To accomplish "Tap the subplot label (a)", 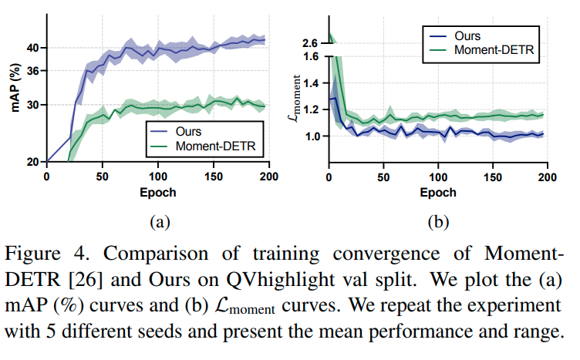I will point(157,223).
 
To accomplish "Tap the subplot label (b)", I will point(437,223).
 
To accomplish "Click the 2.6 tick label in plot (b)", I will point(312,42).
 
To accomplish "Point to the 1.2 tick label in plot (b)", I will point(312,109).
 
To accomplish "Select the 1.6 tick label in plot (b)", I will point(312,57).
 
